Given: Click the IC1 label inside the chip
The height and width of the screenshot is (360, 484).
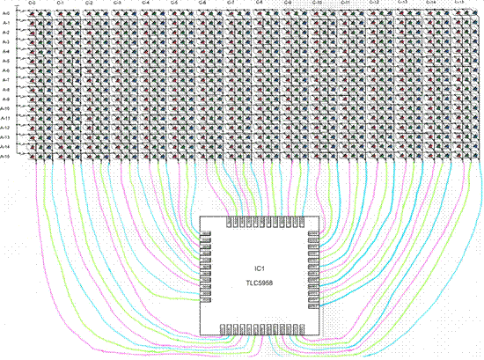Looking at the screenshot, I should tap(259, 268).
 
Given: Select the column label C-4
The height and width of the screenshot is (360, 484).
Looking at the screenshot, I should tap(145, 4).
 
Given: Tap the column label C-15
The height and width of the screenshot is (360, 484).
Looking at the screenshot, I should tap(459, 4).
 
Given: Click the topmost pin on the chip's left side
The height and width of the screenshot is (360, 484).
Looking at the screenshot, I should tap(207, 235).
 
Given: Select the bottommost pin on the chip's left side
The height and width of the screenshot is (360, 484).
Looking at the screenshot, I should tap(207, 305).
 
